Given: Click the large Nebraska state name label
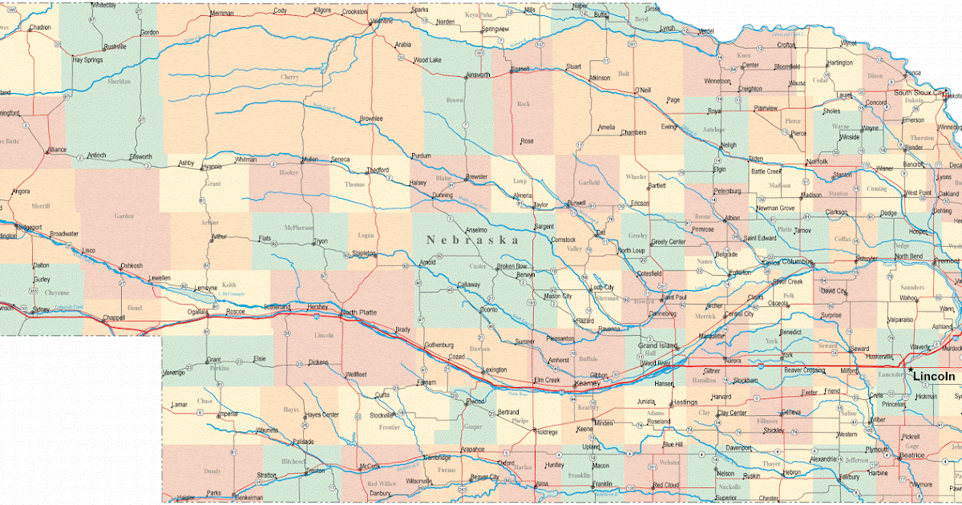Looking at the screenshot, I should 472,240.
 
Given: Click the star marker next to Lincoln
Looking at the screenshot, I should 911,370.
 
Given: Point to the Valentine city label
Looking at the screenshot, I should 381,21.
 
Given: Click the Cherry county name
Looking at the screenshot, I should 289,77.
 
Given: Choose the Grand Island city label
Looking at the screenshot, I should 657,345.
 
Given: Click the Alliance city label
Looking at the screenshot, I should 56,149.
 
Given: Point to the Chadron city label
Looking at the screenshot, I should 40,27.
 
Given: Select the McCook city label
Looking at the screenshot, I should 370,466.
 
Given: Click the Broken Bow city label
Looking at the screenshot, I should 511,266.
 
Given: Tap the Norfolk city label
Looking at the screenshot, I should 817,161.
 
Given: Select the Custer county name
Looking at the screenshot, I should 478,266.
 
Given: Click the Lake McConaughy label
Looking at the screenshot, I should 231,294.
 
